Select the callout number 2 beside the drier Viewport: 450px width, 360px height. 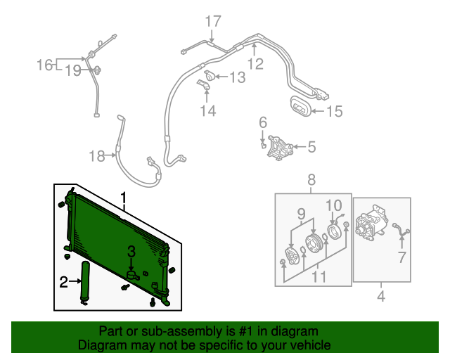63,283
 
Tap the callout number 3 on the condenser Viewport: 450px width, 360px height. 131,251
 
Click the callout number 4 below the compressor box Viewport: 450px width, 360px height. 380,297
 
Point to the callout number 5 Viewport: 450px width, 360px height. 311,147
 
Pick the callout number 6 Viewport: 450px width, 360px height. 263,123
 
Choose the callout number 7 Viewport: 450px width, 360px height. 401,257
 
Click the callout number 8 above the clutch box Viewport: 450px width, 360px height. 311,181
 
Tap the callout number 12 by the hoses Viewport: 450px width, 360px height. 255,64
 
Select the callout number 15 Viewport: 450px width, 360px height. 333,110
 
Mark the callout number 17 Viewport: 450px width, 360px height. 213,21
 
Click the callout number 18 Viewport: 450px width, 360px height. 96,156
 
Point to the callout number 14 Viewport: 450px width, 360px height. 207,110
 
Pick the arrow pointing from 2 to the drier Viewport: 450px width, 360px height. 75,283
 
